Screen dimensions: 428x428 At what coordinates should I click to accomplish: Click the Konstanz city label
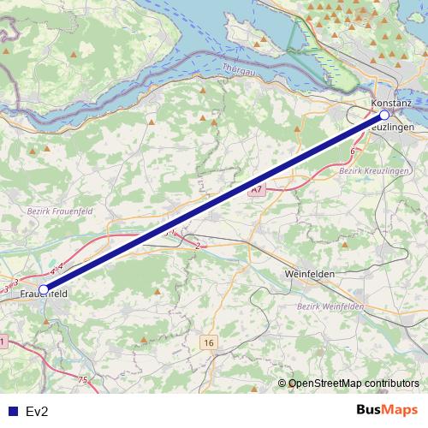392,104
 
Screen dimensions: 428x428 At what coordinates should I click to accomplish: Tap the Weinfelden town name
308,274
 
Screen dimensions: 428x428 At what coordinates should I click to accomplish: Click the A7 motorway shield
256,189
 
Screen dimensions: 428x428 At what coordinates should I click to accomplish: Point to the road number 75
82,380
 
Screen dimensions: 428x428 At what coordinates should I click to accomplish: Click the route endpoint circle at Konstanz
384,115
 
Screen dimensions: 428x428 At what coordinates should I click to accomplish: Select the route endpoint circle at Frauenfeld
44,289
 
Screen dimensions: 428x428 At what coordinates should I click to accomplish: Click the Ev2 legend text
37,412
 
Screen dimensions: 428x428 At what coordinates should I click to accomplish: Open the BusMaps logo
388,410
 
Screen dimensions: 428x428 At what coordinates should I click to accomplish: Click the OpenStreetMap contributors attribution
354,383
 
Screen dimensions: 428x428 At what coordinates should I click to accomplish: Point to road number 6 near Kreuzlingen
353,152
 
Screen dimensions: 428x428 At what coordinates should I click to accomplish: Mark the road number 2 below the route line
198,246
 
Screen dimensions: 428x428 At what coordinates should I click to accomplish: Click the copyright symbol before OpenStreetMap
282,383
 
